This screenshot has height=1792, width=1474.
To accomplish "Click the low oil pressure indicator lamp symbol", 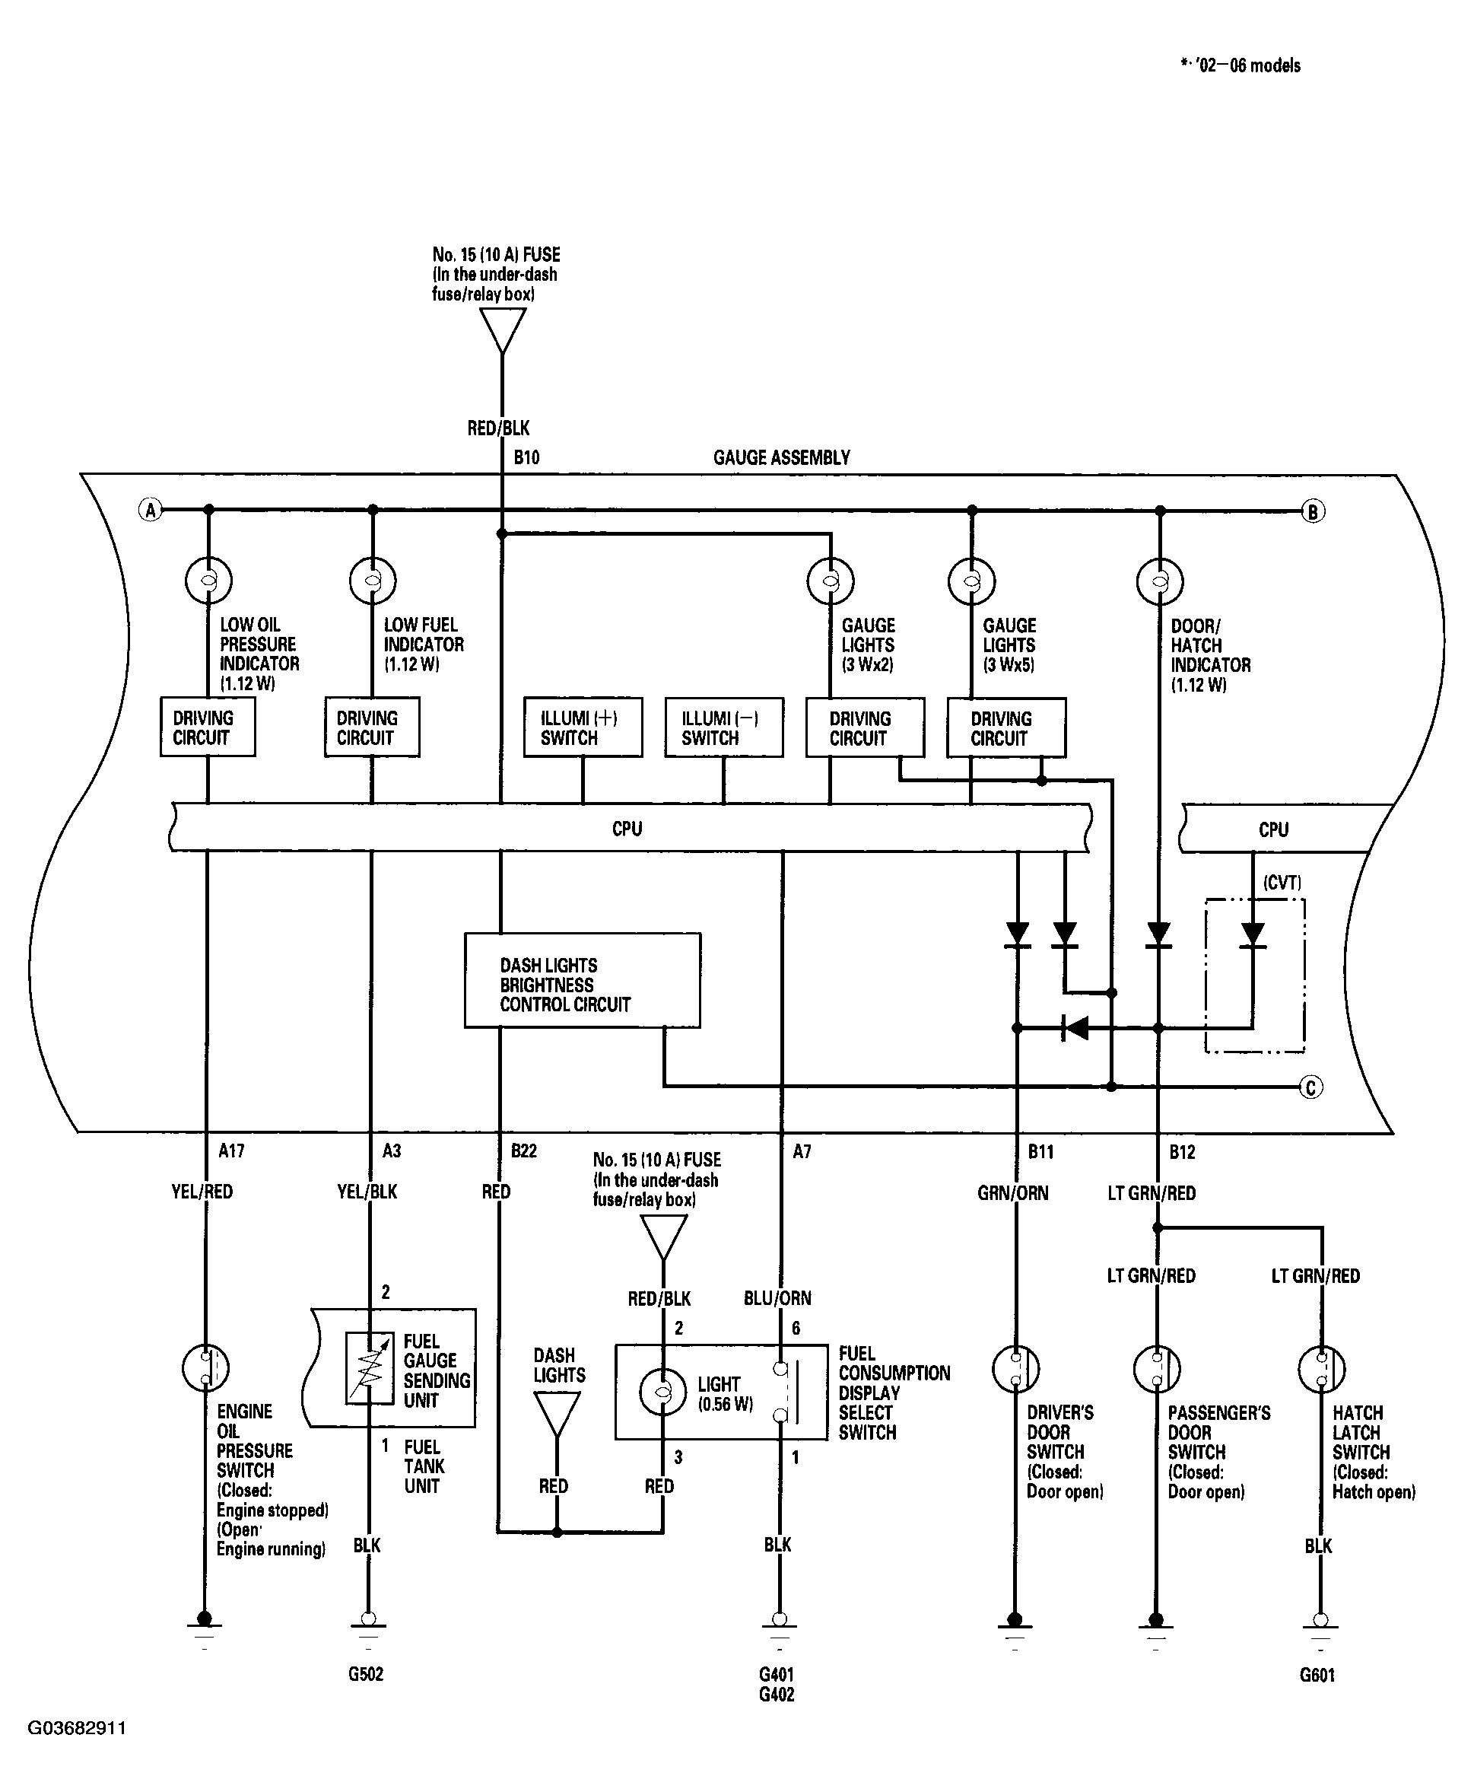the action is tap(208, 581).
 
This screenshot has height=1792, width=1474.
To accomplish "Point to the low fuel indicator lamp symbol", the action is tap(373, 581).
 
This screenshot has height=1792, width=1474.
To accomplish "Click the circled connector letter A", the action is tap(151, 510).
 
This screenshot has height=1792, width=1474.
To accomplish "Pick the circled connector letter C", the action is tap(1311, 1087).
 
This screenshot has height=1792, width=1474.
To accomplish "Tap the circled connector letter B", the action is tap(1313, 511).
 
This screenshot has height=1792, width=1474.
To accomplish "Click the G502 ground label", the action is tap(366, 1674).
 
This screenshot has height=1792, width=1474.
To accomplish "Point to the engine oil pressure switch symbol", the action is tap(206, 1367).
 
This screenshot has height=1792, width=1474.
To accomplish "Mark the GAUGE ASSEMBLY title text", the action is tap(781, 458).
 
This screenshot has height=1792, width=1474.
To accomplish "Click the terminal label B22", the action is tap(524, 1151).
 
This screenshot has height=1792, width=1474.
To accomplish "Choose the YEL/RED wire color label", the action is tap(202, 1192).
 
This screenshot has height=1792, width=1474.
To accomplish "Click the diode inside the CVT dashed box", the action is tap(1253, 935).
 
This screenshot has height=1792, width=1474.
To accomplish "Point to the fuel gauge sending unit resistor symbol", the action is tap(370, 1367).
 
